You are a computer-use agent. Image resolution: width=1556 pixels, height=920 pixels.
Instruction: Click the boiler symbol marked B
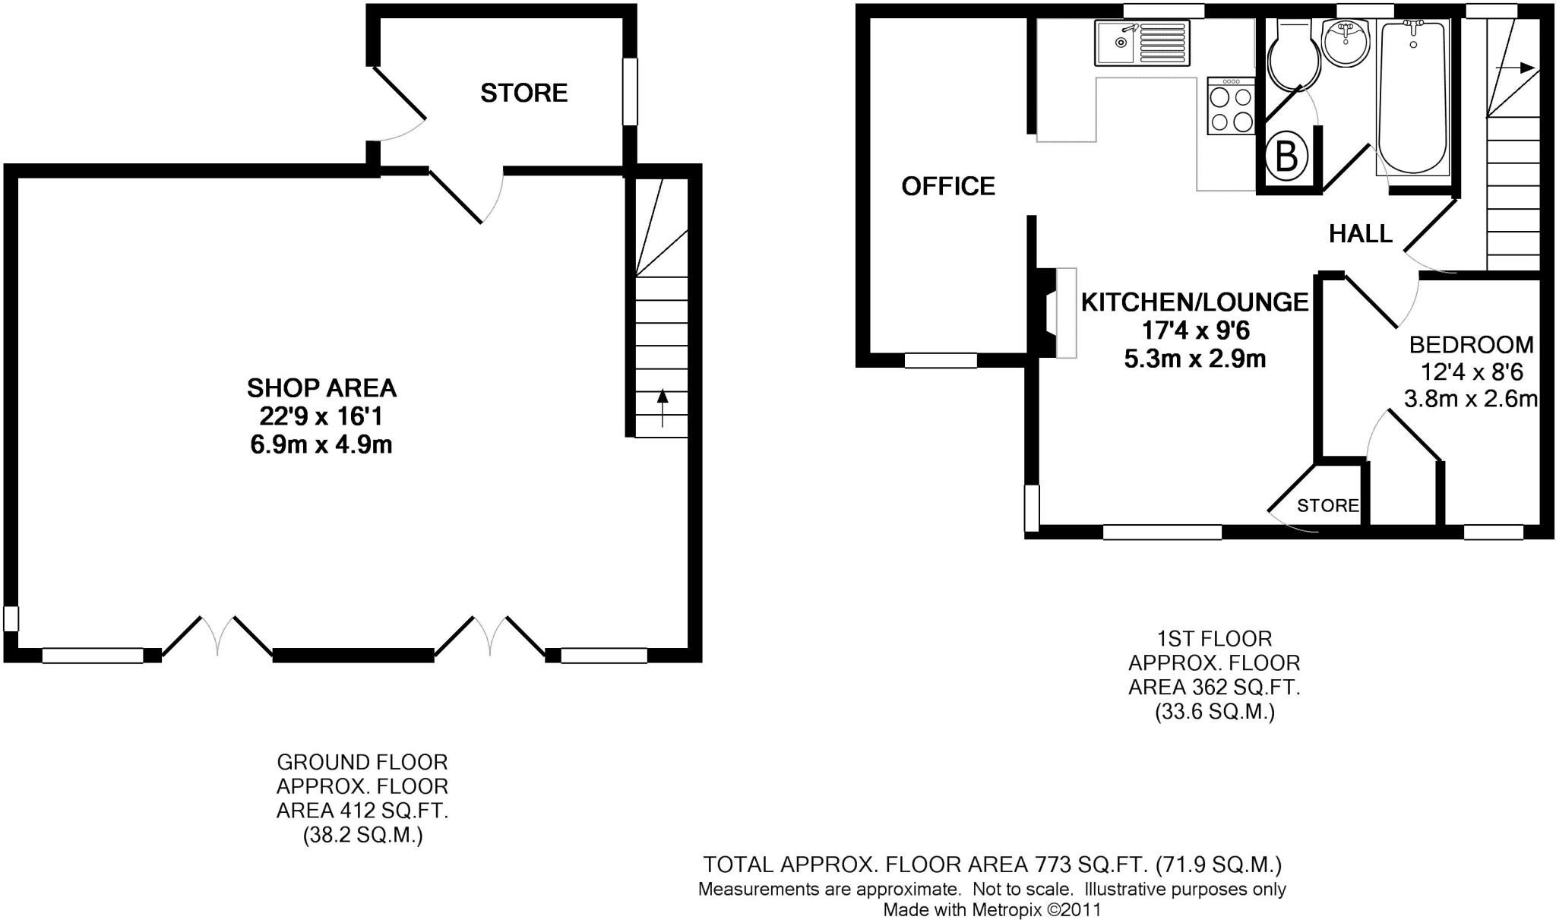click(x=1286, y=158)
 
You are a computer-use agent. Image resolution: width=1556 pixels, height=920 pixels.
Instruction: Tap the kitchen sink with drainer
click(x=1142, y=43)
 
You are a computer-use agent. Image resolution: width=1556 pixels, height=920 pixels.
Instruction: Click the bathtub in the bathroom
click(x=1413, y=99)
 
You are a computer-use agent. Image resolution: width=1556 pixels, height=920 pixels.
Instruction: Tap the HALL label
click(x=1360, y=233)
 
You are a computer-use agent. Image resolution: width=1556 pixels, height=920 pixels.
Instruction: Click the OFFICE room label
click(x=947, y=186)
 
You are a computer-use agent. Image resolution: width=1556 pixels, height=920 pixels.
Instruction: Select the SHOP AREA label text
click(x=321, y=388)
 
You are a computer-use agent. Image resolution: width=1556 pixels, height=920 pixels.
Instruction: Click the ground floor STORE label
click(x=523, y=93)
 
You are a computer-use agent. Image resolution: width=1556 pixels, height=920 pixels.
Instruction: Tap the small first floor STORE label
click(x=1327, y=506)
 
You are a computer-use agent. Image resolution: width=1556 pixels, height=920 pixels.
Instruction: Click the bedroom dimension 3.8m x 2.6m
click(x=1470, y=399)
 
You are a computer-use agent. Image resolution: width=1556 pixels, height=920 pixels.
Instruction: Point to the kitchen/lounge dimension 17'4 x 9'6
click(x=1195, y=330)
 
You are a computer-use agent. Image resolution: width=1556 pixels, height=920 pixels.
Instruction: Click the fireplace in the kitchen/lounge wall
click(x=1058, y=312)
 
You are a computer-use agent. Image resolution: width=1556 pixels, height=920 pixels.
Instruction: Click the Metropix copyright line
click(x=991, y=909)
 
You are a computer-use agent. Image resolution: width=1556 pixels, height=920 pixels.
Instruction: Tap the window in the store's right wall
click(x=630, y=92)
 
